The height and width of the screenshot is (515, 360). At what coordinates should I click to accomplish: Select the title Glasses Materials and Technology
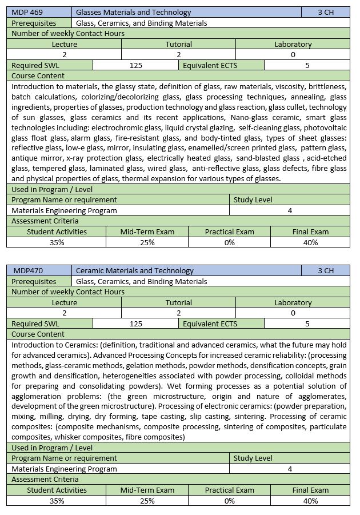pyautogui.click(x=134, y=12)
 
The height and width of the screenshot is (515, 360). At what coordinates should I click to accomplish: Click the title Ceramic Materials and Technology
pyautogui.click(x=135, y=270)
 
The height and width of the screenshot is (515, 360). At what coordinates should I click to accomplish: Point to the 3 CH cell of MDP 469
pyautogui.click(x=326, y=12)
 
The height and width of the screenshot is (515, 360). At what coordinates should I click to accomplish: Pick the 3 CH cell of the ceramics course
pyautogui.click(x=326, y=270)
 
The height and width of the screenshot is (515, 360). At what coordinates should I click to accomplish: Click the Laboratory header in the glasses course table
pyautogui.click(x=293, y=44)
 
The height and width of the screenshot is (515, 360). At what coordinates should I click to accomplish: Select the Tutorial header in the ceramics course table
pyautogui.click(x=179, y=302)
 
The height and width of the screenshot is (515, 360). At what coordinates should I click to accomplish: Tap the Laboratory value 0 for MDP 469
pyautogui.click(x=293, y=54)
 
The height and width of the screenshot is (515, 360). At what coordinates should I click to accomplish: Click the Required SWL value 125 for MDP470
pyautogui.click(x=136, y=324)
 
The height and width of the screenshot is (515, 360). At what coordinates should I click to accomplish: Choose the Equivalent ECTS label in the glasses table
pyautogui.click(x=210, y=65)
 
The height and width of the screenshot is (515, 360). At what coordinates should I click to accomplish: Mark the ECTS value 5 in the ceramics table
pyautogui.click(x=307, y=324)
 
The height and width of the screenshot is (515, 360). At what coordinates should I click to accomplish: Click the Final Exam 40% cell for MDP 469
pyautogui.click(x=310, y=242)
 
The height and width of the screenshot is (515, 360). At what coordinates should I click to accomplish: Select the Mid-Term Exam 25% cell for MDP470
pyautogui.click(x=147, y=501)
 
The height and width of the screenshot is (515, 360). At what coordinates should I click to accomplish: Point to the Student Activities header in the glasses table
pyautogui.click(x=57, y=231)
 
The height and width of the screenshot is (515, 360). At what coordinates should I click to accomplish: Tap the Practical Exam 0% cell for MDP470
pyautogui.click(x=229, y=501)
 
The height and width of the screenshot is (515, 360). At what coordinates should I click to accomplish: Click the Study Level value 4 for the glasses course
pyautogui.click(x=290, y=210)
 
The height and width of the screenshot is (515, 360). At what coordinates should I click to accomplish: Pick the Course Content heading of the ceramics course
pyautogui.click(x=38, y=334)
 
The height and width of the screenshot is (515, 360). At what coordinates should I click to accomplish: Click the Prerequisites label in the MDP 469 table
pyautogui.click(x=34, y=23)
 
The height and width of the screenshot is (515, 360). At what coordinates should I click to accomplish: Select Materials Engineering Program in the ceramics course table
pyautogui.click(x=64, y=469)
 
